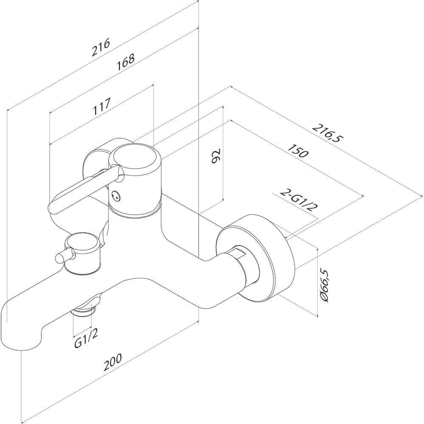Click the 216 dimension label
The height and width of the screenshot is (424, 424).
[100, 47]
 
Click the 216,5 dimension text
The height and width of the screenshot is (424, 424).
[327, 133]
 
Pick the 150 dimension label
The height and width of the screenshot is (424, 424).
[298, 151]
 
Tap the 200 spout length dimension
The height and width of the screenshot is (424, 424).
[113, 362]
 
